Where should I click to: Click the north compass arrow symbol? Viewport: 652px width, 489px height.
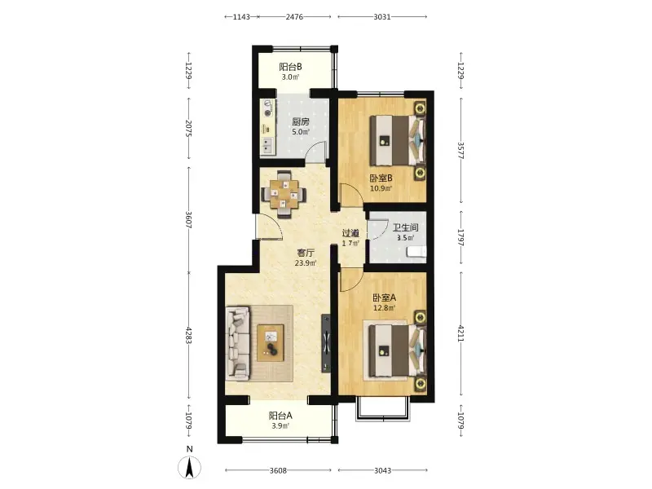coord(190,466)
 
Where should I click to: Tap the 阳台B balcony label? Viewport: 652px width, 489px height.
coord(290,67)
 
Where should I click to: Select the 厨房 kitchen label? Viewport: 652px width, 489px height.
coord(300,121)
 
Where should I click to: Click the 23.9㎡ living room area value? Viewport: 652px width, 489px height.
coord(305,262)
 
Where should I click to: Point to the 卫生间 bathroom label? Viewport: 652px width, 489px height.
coord(405,227)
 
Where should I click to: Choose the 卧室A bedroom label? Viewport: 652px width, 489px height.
coord(384,297)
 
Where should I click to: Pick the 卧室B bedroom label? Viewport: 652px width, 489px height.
coord(381,178)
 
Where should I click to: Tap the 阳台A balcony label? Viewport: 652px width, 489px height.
coord(280,416)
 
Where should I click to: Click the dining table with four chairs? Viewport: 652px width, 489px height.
coord(284,194)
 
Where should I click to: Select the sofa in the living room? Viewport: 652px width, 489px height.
coord(237,343)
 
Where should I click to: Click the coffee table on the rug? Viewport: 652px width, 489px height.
coord(271,342)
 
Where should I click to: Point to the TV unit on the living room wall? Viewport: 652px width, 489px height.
coord(326,343)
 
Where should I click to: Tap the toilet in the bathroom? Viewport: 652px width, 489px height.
coord(416,252)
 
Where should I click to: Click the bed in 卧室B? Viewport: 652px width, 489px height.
coord(398,141)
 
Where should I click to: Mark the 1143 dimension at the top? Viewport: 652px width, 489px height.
coord(241,17)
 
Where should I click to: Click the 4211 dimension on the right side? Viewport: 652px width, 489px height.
coord(460,333)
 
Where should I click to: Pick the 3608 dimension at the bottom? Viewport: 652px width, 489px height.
coord(278,471)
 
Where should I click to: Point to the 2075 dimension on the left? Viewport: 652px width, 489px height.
coord(188,129)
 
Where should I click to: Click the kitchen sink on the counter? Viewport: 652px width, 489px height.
coord(267,145)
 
